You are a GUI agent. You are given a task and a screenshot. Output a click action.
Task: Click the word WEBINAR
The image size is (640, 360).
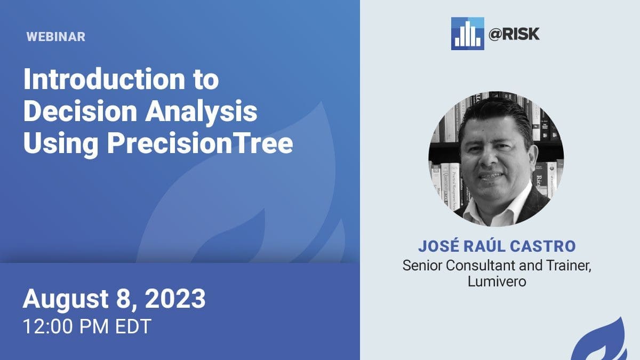(x=56, y=37)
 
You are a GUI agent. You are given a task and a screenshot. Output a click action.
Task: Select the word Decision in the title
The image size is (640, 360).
(x=81, y=111)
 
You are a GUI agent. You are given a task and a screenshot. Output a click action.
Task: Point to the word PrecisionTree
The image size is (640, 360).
(x=201, y=143)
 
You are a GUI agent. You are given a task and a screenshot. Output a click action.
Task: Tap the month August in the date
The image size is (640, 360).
(x=66, y=300)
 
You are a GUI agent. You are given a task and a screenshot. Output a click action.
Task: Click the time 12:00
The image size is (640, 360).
(x=47, y=326)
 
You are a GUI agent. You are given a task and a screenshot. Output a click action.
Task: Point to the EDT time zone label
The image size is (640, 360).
(x=133, y=326)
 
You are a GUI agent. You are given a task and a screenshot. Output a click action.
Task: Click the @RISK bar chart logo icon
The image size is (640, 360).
(x=468, y=34)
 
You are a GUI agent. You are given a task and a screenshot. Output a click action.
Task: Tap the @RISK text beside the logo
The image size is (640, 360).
(x=514, y=34)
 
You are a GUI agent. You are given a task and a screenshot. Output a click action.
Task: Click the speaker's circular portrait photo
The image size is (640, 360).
(x=496, y=159)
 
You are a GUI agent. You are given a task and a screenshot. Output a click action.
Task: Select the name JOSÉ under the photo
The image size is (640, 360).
(x=437, y=246)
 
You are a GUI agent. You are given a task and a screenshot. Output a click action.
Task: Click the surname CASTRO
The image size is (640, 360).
(x=542, y=246)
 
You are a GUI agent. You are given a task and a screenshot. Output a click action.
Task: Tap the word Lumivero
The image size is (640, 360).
(x=497, y=282)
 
